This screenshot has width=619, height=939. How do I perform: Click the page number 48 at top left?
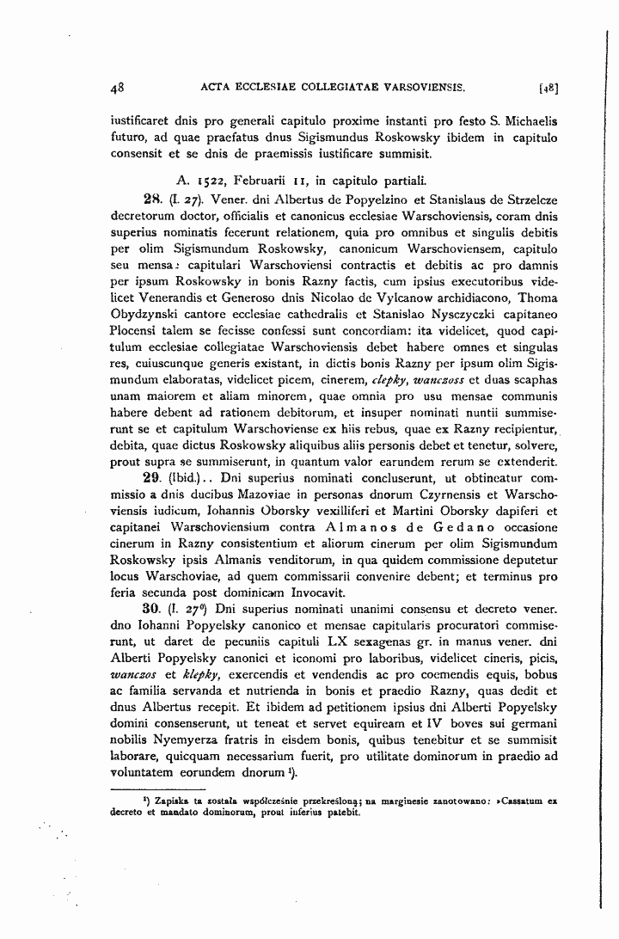pyautogui.click(x=119, y=87)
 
